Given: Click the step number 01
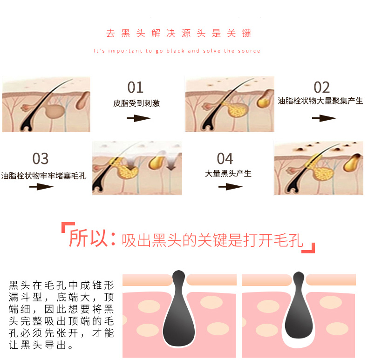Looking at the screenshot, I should [x=136, y=87].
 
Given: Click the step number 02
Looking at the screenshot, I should [x=321, y=87].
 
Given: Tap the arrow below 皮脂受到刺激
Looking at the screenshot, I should [x=138, y=118].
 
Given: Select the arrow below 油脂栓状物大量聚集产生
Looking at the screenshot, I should [x=324, y=118].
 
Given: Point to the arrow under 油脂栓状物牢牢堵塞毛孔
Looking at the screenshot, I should [x=41, y=187].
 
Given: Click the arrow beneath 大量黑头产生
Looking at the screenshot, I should [x=230, y=187].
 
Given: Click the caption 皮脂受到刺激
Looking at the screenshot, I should [x=136, y=103].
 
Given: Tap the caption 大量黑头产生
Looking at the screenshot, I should [x=228, y=174].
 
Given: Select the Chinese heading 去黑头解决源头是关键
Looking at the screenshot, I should [x=179, y=34].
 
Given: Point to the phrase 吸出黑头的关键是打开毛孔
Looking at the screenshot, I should [x=212, y=240].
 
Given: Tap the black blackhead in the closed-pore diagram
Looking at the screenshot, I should [x=179, y=312].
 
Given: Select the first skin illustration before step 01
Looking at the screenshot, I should [x=46, y=104].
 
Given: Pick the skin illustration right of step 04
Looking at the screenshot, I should [x=319, y=168].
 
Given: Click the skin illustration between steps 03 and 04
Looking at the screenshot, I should [x=137, y=168].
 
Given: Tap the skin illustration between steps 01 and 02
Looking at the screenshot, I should [x=229, y=104].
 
